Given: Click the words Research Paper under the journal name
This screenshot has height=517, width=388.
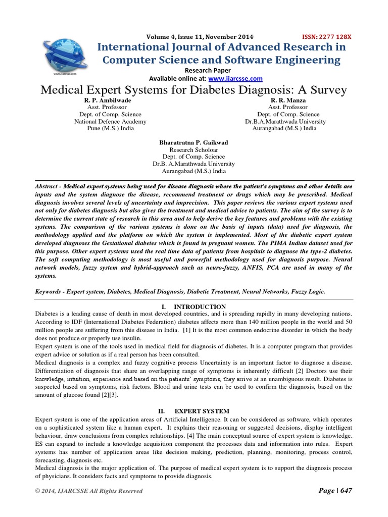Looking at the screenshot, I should point(208,70).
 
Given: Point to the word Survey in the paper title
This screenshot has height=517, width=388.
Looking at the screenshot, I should point(324,90).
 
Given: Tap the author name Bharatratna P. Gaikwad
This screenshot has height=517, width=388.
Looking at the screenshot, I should point(193,143).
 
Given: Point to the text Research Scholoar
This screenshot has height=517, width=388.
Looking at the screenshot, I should point(193,150).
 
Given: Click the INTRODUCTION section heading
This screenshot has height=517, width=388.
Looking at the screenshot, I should point(200,307).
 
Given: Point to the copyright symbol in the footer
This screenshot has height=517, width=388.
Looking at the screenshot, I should point(37,491).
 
